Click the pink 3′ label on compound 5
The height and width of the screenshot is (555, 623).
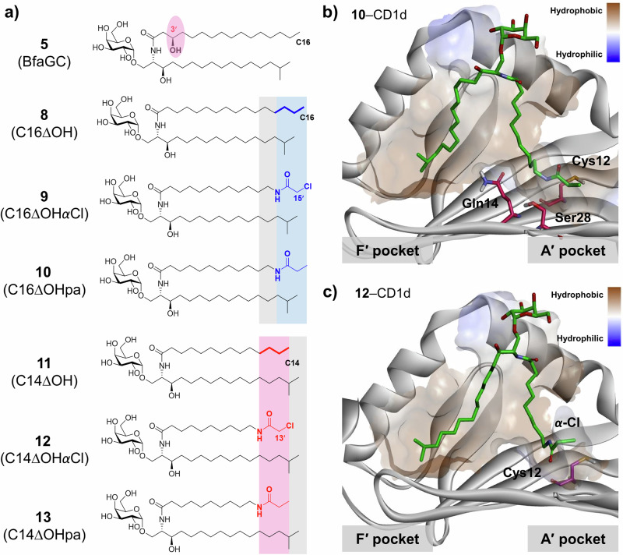(x=172, y=29)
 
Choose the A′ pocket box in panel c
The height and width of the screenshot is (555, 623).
(x=572, y=537)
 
